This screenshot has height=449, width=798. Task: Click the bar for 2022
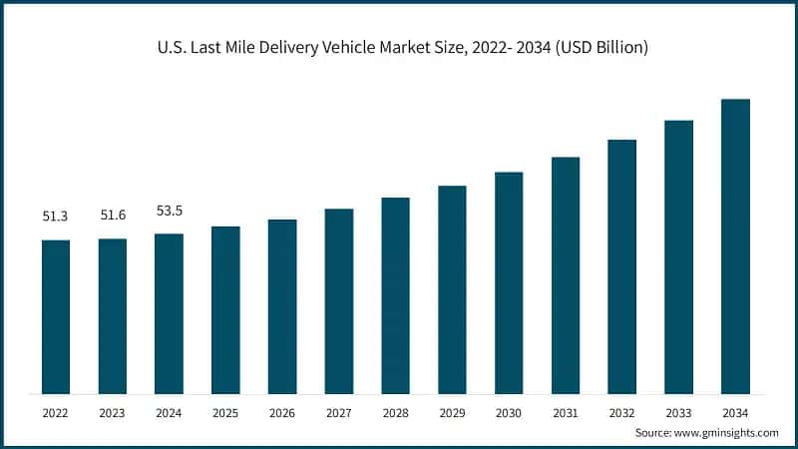pos(56,316)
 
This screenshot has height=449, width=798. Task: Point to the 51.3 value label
pos(56,216)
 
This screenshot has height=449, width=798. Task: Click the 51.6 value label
pos(113,216)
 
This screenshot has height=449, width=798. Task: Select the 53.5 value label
pos(169,211)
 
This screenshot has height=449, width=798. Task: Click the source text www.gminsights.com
pos(729,433)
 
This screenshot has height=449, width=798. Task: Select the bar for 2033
pos(678,256)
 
